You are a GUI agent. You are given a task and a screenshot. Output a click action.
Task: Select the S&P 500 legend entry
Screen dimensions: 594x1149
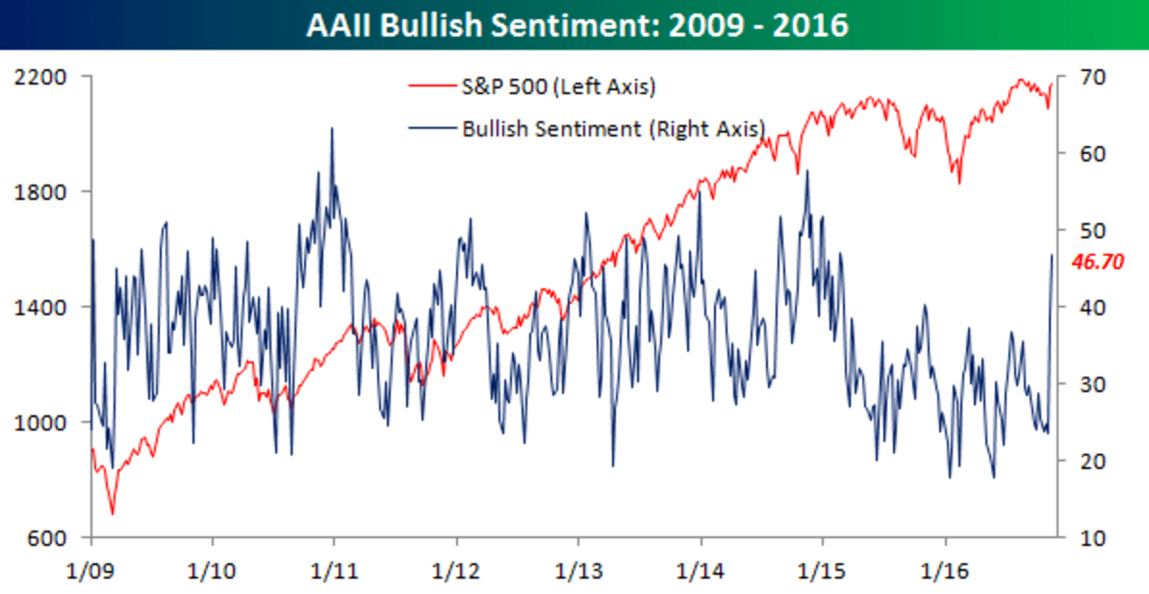tap(559, 87)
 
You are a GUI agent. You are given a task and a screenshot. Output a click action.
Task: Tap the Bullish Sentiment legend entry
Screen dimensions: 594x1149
tap(613, 128)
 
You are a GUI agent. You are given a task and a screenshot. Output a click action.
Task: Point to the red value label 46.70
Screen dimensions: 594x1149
tap(1098, 261)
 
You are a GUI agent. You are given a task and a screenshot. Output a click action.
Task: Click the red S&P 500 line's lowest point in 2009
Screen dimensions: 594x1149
tap(112, 513)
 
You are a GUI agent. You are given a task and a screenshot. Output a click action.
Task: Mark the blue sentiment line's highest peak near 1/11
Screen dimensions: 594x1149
tap(332, 128)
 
